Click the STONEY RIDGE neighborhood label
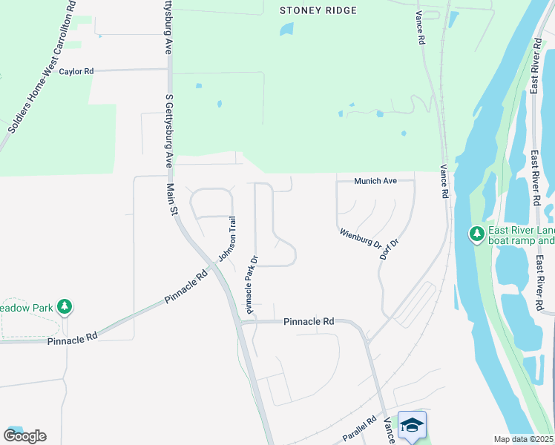tap(318, 10)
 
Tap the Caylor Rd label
tap(77, 72)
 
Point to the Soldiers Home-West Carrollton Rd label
tap(42, 69)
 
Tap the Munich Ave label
tap(375, 181)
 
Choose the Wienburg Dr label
tap(361, 238)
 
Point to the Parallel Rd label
tap(361, 430)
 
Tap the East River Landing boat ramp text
tap(520, 235)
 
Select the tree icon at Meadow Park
tap(65, 306)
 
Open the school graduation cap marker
tap(412, 425)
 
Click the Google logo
tap(24, 435)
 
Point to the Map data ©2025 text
tap(523, 439)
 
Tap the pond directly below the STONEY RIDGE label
tap(286, 30)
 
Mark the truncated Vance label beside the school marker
tap(388, 431)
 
